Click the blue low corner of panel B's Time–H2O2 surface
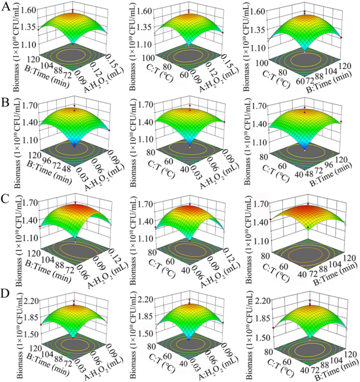click(75, 143)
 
